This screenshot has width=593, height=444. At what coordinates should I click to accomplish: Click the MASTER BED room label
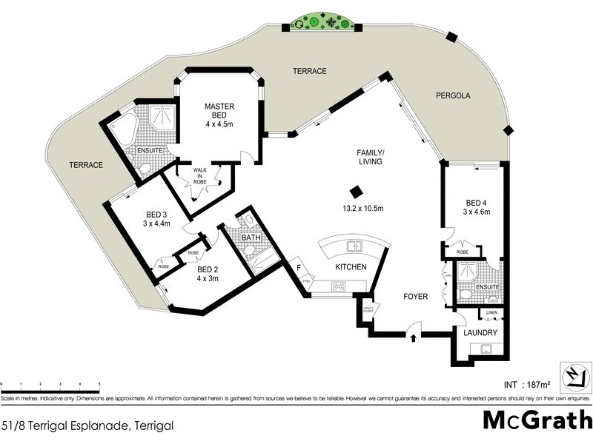pos(219,111)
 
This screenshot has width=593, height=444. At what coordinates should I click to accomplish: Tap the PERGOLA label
pos(453,95)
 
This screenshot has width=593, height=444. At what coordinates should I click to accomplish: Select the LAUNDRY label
pos(480,332)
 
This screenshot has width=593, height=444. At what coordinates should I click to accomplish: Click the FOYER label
pos(416,297)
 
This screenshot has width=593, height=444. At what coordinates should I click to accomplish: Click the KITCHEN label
pos(351,267)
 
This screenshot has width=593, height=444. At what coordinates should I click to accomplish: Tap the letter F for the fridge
pos(297,268)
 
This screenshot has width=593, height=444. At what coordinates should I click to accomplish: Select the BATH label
pos(250,238)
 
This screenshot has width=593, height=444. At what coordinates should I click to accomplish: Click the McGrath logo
pos(537,419)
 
